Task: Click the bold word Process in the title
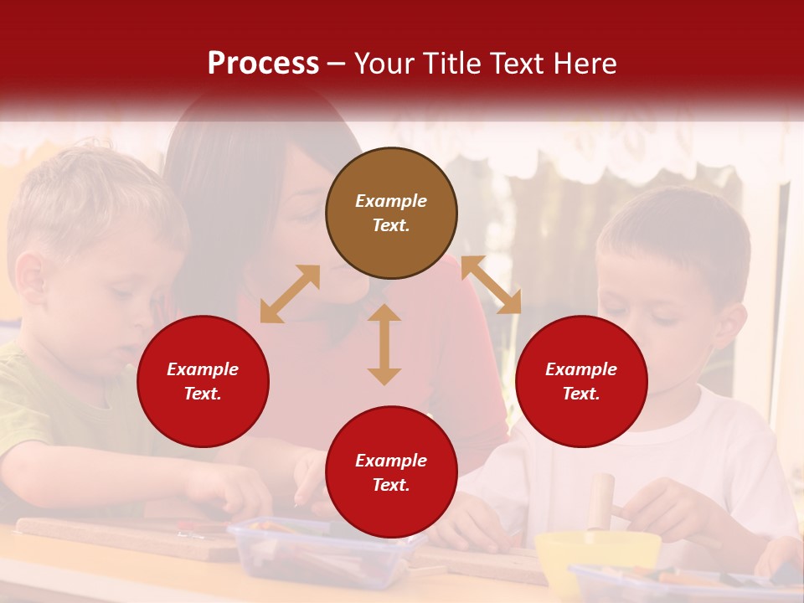pos(263,64)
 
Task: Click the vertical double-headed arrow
pos(384,344)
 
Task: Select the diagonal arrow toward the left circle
pos(290,294)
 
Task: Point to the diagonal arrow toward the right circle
pos(491,285)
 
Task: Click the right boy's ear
pos(734,325)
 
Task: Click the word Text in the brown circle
pos(391,225)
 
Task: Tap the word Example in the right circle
pos(581,369)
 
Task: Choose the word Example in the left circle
pos(203,369)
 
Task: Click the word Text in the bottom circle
pos(391,485)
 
